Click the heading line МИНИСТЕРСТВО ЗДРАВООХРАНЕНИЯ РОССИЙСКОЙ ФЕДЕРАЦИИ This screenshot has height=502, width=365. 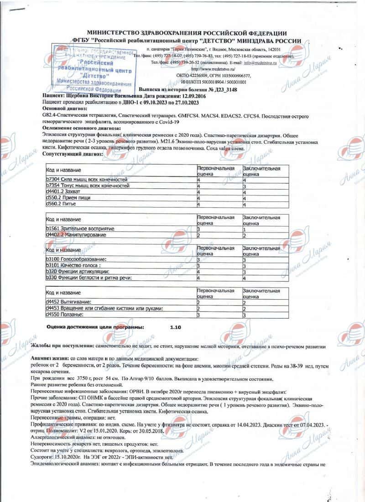pyautogui.click(x=187, y=33)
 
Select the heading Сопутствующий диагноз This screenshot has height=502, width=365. pyautogui.click(x=73, y=155)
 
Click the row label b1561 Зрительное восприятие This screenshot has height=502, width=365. pyautogui.click(x=80, y=228)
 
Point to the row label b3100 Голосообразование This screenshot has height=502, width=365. pyautogui.click(x=74, y=259)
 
